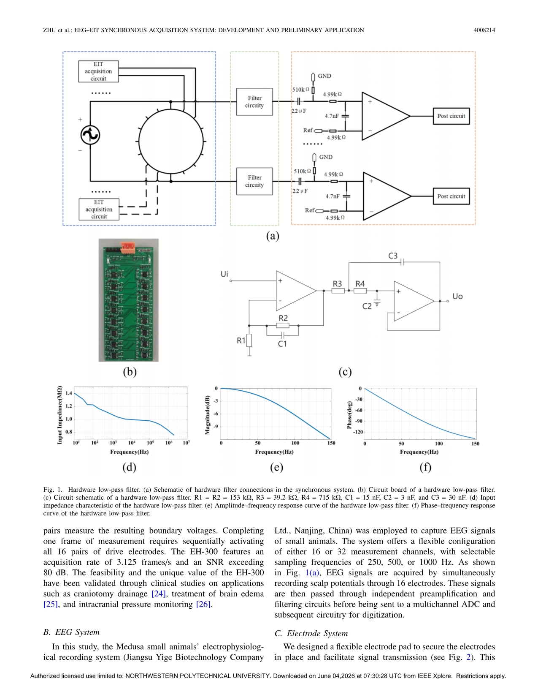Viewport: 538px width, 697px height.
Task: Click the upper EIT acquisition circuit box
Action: click(x=98, y=71)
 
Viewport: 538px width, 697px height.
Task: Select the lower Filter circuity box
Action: click(x=254, y=181)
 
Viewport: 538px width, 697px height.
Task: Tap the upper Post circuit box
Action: click(x=451, y=116)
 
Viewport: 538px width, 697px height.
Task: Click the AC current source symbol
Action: click(x=90, y=135)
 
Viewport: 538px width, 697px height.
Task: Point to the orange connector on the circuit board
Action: click(x=128, y=247)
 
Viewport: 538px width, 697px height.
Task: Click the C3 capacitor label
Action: click(x=393, y=256)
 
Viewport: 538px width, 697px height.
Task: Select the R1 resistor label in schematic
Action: click(x=241, y=340)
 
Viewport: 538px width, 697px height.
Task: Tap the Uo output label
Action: click(x=457, y=296)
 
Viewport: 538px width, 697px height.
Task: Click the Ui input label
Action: click(x=224, y=274)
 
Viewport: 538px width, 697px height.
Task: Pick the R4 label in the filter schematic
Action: click(x=360, y=284)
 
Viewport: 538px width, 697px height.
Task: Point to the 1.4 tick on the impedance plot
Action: click(x=69, y=393)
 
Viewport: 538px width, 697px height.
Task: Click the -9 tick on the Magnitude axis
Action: click(x=216, y=427)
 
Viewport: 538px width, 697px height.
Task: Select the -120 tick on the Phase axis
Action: click(x=357, y=432)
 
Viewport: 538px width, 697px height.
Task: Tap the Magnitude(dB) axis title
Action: click(x=207, y=415)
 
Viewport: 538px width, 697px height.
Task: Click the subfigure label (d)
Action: click(x=129, y=467)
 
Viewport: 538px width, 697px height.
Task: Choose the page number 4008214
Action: click(x=484, y=30)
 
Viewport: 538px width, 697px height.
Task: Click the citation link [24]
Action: click(x=158, y=594)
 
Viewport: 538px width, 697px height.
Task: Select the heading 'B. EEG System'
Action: click(x=71, y=632)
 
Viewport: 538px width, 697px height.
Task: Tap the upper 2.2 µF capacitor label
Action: click(x=299, y=111)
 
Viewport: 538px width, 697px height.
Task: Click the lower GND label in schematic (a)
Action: click(x=326, y=157)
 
